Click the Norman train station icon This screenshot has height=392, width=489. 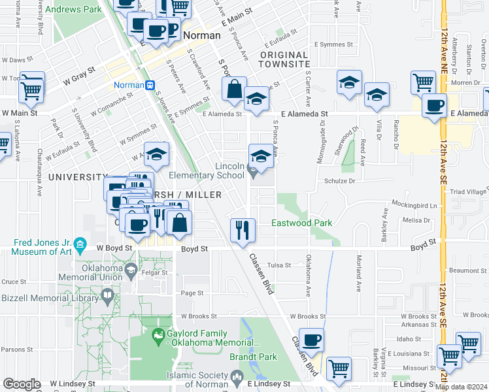150,85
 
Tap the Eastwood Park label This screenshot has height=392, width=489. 301,223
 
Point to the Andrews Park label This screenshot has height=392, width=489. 77,10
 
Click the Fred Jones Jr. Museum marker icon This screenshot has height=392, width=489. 80,245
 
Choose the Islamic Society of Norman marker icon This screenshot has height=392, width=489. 237,376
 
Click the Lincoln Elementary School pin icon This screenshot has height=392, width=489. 254,172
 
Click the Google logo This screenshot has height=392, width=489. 22,384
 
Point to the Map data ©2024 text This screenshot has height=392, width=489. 461,387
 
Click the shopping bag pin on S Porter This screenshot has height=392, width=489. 233,89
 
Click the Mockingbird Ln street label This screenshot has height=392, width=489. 414,204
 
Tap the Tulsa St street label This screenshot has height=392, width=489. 297,265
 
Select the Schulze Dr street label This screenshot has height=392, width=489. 339,180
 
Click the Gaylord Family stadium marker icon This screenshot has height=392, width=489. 158,337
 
